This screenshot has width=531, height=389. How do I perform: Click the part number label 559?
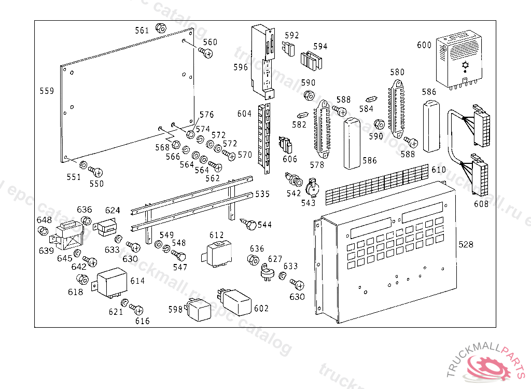[47, 91]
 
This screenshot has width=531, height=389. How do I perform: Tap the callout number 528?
[466, 244]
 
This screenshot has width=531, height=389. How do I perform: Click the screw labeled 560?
[206, 52]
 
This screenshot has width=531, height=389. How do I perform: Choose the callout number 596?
[241, 67]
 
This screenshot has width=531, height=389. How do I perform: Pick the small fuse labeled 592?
[289, 50]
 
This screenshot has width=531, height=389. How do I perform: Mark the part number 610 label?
[439, 170]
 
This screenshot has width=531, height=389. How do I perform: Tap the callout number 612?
[217, 235]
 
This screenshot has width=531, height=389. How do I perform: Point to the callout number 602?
[261, 308]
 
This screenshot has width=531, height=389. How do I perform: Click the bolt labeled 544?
[250, 225]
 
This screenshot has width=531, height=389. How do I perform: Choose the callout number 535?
[262, 194]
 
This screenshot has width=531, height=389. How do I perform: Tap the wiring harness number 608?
[481, 204]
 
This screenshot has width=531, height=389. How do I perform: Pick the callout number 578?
[317, 165]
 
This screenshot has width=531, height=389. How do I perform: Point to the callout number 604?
[244, 114]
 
